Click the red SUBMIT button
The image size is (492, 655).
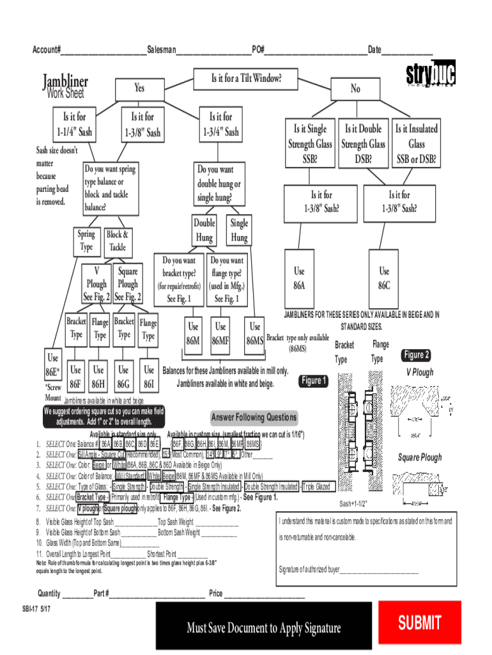click(419, 622)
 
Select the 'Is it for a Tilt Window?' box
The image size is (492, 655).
click(246, 79)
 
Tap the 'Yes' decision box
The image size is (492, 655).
click(139, 88)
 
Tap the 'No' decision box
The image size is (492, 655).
click(355, 89)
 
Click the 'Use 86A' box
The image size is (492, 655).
click(299, 278)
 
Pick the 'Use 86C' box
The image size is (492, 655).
click(384, 278)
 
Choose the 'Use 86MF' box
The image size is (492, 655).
click(220, 334)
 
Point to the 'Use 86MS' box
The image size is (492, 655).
click(255, 334)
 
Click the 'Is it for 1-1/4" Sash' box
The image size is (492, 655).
click(74, 125)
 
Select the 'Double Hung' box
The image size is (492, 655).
click(204, 230)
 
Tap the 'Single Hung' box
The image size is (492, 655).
click(239, 230)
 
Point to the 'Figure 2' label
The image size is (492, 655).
click(416, 355)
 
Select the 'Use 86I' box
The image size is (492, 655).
click(149, 377)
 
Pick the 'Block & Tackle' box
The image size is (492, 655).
click(118, 241)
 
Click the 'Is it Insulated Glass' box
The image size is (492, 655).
click(416, 143)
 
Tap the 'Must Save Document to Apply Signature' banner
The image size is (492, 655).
click(263, 628)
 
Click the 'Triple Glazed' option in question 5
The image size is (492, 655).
click(316, 487)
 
